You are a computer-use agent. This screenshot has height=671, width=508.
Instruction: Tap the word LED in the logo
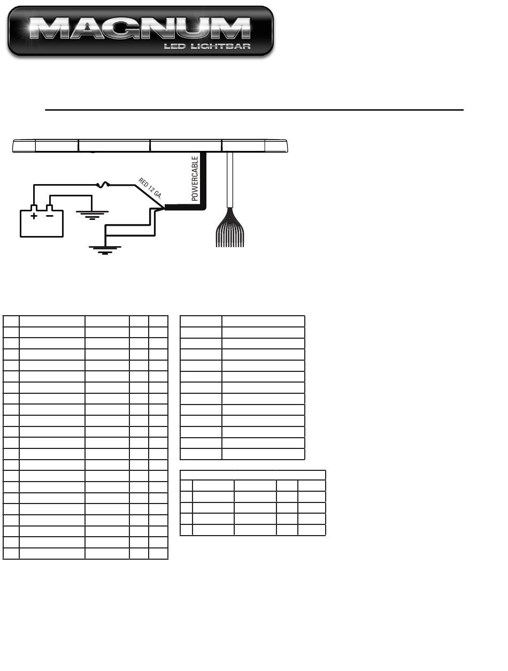[x=174, y=47]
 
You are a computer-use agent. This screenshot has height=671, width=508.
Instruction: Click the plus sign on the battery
[x=34, y=216]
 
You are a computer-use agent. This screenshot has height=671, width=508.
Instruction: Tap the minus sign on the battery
[x=49, y=216]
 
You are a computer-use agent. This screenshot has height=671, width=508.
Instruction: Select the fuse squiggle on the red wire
[x=103, y=185]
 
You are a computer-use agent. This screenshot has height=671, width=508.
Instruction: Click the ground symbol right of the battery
[x=92, y=215]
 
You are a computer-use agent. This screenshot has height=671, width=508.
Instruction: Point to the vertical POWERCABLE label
[x=195, y=178]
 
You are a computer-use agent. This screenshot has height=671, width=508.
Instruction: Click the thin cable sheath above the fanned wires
[x=229, y=179]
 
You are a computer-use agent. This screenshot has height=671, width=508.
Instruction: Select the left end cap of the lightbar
[x=24, y=146]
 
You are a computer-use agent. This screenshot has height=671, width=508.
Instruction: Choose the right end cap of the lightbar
[x=276, y=146]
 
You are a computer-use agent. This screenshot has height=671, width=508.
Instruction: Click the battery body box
[x=42, y=224]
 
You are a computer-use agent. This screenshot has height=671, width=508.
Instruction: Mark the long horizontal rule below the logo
[x=254, y=110]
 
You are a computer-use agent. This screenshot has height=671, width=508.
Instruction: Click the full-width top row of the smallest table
[x=252, y=475]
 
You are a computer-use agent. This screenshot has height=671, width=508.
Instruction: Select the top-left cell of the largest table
[x=11, y=321]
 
